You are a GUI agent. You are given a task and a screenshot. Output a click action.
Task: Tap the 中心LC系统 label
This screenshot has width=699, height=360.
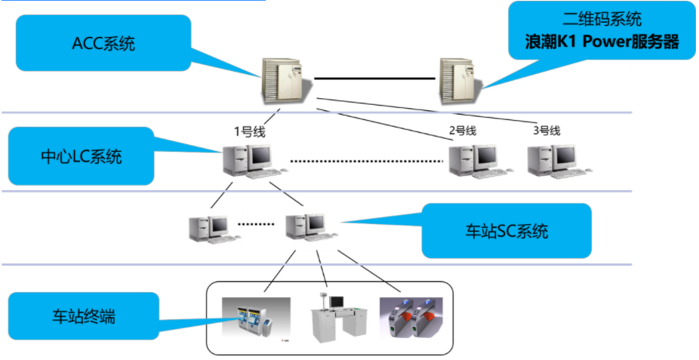click(81, 157)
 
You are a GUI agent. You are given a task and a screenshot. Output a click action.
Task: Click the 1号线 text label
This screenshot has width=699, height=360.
click(249, 131)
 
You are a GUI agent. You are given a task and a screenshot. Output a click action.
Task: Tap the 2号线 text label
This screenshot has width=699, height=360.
click(463, 130)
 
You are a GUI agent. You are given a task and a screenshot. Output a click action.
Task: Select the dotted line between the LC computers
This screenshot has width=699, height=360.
click(366, 160)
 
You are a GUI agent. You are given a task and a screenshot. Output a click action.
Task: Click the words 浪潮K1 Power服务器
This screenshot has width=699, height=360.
click(602, 42)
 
